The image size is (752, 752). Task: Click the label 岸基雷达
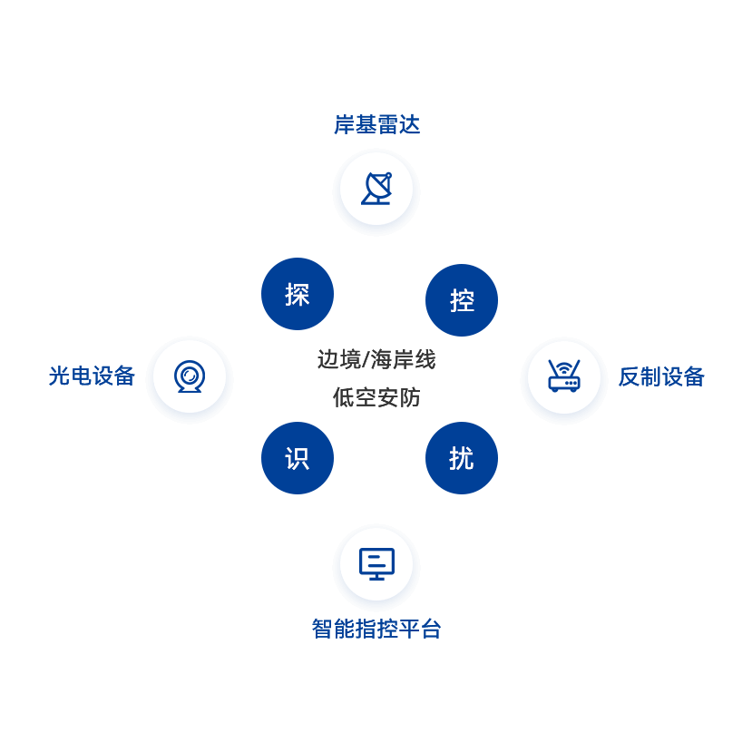377,124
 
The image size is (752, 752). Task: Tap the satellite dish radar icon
376,189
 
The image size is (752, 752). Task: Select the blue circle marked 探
298,294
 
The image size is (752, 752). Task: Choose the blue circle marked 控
462,300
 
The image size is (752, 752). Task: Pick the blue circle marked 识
298,458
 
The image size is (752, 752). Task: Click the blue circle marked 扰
462,458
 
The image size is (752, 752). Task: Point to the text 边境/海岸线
376,360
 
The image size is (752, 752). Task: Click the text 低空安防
376,397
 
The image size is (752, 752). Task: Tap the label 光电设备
92,376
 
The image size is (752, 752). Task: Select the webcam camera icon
190,376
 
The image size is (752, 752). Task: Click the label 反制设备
661,376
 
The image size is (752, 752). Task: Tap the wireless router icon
564,376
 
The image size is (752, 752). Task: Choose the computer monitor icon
376,564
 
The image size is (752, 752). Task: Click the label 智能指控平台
376,629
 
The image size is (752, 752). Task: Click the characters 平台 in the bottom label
420,629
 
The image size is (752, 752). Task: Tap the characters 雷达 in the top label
399,124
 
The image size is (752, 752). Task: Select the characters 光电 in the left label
70,376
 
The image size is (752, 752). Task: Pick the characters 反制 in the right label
640,376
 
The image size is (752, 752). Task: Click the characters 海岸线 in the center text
404,360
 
